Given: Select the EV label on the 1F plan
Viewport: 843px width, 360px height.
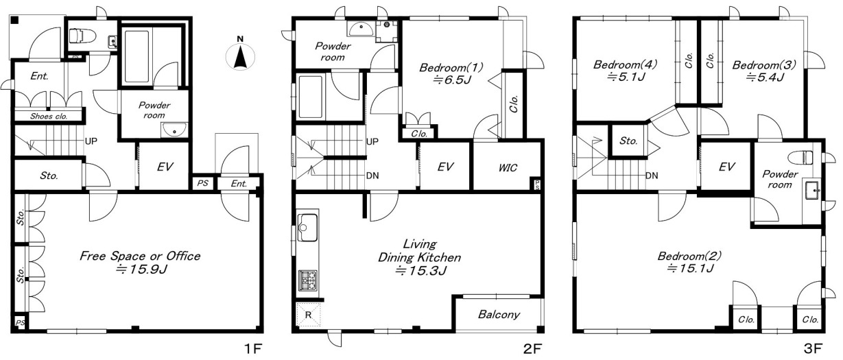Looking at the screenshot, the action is click(165, 167).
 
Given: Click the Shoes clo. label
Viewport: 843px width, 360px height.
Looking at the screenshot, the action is click(49, 117).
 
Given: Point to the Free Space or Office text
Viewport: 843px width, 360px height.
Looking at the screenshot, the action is click(140, 256).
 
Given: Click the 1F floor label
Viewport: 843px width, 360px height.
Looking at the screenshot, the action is click(253, 349).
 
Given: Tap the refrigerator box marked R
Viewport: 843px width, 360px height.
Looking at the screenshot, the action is click(308, 315).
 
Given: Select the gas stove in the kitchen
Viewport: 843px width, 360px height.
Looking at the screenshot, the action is click(308, 280).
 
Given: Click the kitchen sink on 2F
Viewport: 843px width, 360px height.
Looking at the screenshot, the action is click(307, 228).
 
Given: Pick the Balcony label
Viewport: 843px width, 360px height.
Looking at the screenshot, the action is click(499, 314).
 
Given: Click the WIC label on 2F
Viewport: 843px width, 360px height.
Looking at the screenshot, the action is click(508, 168).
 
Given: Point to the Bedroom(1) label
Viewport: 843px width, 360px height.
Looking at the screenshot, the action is click(451, 67).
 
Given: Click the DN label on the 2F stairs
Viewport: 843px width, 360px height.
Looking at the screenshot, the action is click(372, 176).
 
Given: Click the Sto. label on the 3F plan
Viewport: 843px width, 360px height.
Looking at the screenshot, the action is click(628, 141).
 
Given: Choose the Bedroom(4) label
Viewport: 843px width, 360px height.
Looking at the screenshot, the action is click(625, 64).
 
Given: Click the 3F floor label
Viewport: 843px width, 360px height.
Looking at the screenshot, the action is click(813, 349).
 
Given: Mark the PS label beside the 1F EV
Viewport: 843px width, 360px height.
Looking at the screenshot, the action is click(202, 183).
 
